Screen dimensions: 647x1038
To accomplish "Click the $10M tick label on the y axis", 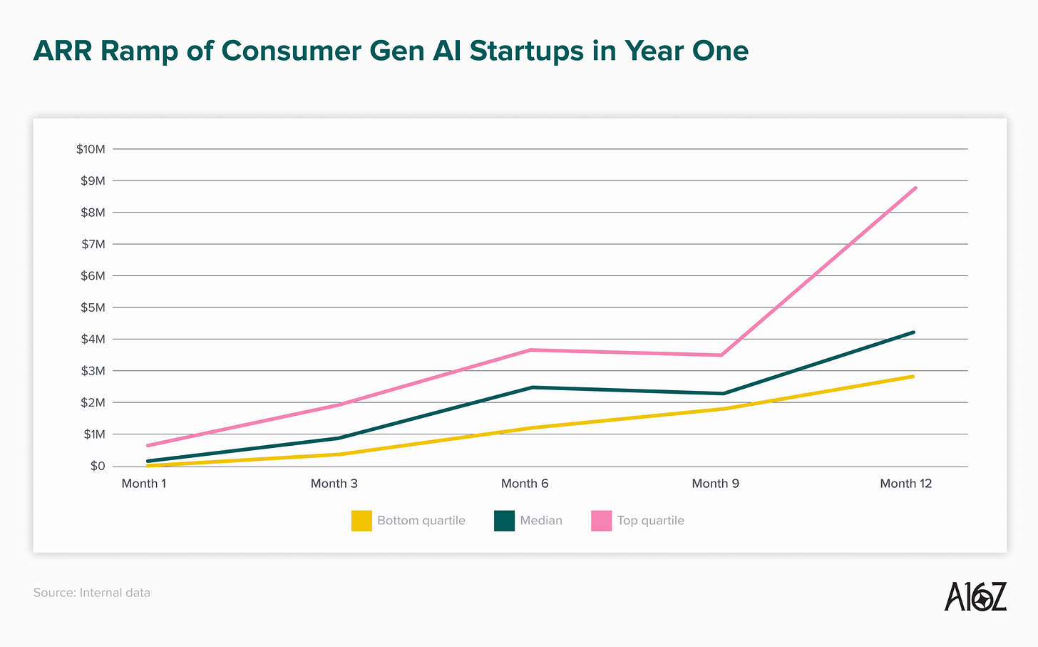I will tap(91, 149).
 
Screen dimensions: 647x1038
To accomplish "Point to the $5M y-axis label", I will tap(93, 307).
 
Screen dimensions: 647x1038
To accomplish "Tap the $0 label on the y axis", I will tap(98, 467).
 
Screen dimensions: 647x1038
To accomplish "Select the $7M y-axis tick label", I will tap(93, 244).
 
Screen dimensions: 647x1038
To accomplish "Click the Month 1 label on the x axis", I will tap(144, 484).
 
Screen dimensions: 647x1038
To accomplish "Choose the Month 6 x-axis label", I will tap(525, 484).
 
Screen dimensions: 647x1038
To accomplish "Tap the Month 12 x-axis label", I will tap(905, 484).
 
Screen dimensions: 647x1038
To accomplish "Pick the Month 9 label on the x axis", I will tap(715, 484).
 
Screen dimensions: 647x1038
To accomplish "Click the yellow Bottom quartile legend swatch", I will tap(361, 521).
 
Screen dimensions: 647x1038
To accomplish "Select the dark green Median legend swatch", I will tap(504, 521).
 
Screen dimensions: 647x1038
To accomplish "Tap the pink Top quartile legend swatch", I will tap(601, 521).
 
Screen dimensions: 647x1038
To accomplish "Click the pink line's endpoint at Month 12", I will tap(915, 188).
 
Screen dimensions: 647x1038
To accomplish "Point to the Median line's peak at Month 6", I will tap(532, 387).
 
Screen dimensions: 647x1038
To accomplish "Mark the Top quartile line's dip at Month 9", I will tap(721, 355).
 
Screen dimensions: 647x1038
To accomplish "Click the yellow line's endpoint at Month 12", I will tap(913, 376).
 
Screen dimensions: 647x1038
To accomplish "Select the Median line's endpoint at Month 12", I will tap(913, 332).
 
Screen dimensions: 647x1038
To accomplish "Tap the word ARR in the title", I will tap(62, 51).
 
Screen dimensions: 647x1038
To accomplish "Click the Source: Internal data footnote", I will tap(92, 593).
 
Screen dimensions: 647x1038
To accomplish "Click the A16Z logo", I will tap(975, 596).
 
